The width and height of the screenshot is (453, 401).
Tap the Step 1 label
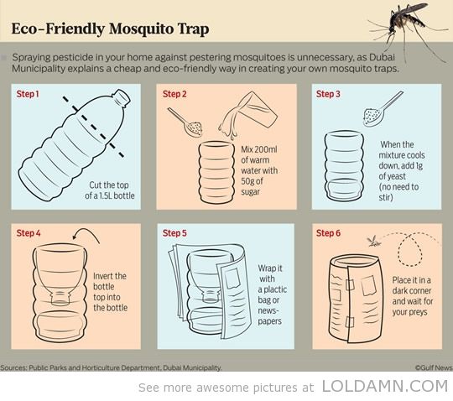[x=28, y=94]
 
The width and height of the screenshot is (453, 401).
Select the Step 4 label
[x=29, y=233]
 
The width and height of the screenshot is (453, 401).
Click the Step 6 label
[x=328, y=233]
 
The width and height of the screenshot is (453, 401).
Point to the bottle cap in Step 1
[x=122, y=97]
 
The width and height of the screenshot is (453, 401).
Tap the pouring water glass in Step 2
[x=248, y=113]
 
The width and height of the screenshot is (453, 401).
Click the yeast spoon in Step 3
[x=382, y=110]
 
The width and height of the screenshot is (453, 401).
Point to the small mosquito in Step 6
[x=373, y=242]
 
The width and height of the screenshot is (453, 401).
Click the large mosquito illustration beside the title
[x=409, y=29]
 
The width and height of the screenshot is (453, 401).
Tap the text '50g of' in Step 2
[x=252, y=181]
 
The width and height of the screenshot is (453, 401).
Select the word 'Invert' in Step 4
[x=110, y=276]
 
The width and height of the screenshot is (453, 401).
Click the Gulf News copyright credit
[x=434, y=367]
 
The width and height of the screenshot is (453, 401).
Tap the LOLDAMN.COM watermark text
[x=385, y=386]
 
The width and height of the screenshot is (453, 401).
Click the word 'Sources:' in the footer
[x=14, y=367]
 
